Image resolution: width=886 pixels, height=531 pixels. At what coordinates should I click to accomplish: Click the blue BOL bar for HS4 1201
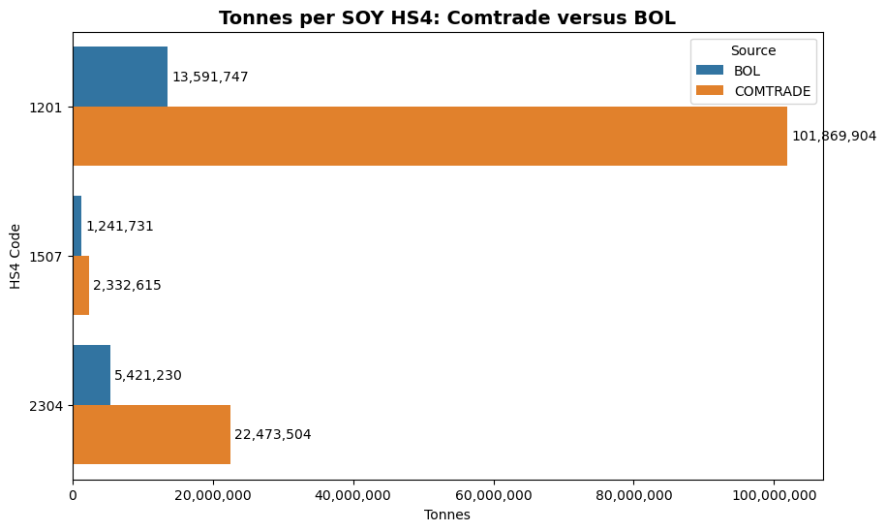point(120,77)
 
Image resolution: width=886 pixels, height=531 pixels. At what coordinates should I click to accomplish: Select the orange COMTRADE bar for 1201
point(429,136)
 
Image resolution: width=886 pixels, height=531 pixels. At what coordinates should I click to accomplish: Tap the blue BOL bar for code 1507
point(77,226)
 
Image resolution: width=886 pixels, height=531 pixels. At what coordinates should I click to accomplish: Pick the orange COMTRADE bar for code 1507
point(81,285)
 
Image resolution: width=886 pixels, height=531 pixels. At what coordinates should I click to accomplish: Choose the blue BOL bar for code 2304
point(92,375)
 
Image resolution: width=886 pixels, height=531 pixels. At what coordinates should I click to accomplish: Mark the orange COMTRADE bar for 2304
point(151,434)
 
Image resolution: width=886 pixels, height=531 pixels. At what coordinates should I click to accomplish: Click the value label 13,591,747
point(210,78)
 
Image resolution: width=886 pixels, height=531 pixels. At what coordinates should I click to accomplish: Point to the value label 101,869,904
point(834,137)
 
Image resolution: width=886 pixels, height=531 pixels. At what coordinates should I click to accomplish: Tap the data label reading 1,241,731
point(120,227)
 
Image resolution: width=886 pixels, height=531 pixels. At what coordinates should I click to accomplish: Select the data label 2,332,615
point(127,286)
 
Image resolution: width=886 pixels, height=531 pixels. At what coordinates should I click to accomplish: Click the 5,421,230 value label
point(148,376)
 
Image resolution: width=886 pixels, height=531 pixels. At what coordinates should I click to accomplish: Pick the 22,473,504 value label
point(273,435)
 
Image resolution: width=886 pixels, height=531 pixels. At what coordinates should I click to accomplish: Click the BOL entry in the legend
point(747,71)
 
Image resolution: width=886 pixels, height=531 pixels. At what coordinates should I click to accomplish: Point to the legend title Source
point(752,50)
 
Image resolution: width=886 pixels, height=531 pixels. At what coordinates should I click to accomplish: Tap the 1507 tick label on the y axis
point(46,257)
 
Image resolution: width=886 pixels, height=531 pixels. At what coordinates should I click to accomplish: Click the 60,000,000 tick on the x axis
point(494,496)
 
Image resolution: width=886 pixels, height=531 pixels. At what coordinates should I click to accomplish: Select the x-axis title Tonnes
point(447,515)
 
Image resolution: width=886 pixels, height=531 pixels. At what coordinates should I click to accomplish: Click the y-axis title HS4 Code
point(15,257)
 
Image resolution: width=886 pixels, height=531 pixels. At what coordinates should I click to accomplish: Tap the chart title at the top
point(447,18)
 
